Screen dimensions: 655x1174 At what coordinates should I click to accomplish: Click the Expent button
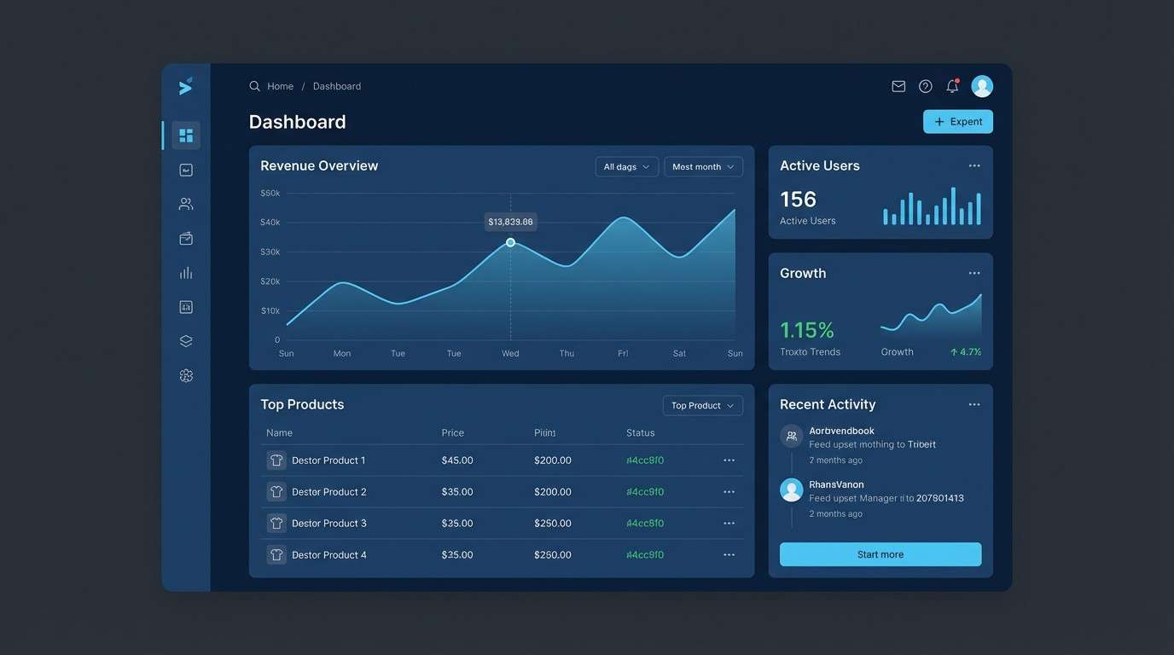pyautogui.click(x=957, y=122)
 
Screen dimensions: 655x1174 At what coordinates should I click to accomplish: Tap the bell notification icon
pyautogui.click(x=952, y=86)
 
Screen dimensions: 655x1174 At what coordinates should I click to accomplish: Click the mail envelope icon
pyautogui.click(x=898, y=86)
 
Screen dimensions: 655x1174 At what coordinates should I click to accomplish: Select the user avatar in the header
pyautogui.click(x=982, y=86)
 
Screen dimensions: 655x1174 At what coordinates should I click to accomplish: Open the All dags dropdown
pyautogui.click(x=626, y=167)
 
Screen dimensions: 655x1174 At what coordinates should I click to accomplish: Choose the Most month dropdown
pyautogui.click(x=703, y=167)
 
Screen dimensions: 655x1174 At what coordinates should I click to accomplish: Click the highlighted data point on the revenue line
pyautogui.click(x=510, y=242)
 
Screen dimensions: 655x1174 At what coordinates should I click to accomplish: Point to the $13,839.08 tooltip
pyautogui.click(x=510, y=222)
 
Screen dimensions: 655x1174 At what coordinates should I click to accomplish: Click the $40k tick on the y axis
pyautogui.click(x=270, y=223)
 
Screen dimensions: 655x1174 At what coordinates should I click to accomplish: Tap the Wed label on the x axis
pyautogui.click(x=510, y=353)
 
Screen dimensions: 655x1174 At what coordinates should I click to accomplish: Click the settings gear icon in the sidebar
pyautogui.click(x=186, y=375)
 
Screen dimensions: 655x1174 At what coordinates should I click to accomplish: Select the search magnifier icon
pyautogui.click(x=254, y=86)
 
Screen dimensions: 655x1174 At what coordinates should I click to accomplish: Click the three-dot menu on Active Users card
pyautogui.click(x=973, y=165)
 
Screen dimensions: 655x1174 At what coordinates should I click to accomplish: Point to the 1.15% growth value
pyautogui.click(x=806, y=330)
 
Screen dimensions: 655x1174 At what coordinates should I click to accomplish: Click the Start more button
pyautogui.click(x=880, y=554)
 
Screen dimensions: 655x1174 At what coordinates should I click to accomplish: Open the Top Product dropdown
pyautogui.click(x=702, y=406)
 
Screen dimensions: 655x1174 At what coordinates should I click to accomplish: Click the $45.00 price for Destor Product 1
pyautogui.click(x=457, y=461)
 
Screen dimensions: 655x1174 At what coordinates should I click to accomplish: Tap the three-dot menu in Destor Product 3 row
pyautogui.click(x=729, y=523)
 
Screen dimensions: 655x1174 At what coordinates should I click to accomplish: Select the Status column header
pyautogui.click(x=640, y=433)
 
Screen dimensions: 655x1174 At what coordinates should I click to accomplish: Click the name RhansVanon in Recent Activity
pyautogui.click(x=836, y=484)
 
